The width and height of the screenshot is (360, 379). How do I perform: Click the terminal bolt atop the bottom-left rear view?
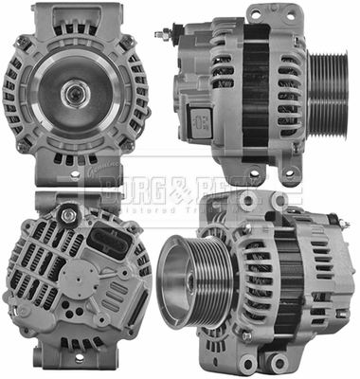point(69,215)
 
